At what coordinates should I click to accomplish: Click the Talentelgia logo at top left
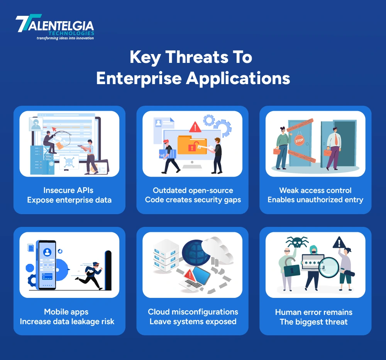click(55, 27)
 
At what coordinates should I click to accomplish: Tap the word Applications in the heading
click(238, 78)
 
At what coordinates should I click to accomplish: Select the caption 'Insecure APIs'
click(68, 190)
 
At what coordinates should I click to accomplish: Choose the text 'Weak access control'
click(315, 190)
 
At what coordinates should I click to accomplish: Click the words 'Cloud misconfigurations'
click(193, 312)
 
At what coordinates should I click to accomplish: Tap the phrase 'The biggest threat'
click(313, 322)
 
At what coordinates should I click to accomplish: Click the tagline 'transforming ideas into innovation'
click(65, 38)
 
